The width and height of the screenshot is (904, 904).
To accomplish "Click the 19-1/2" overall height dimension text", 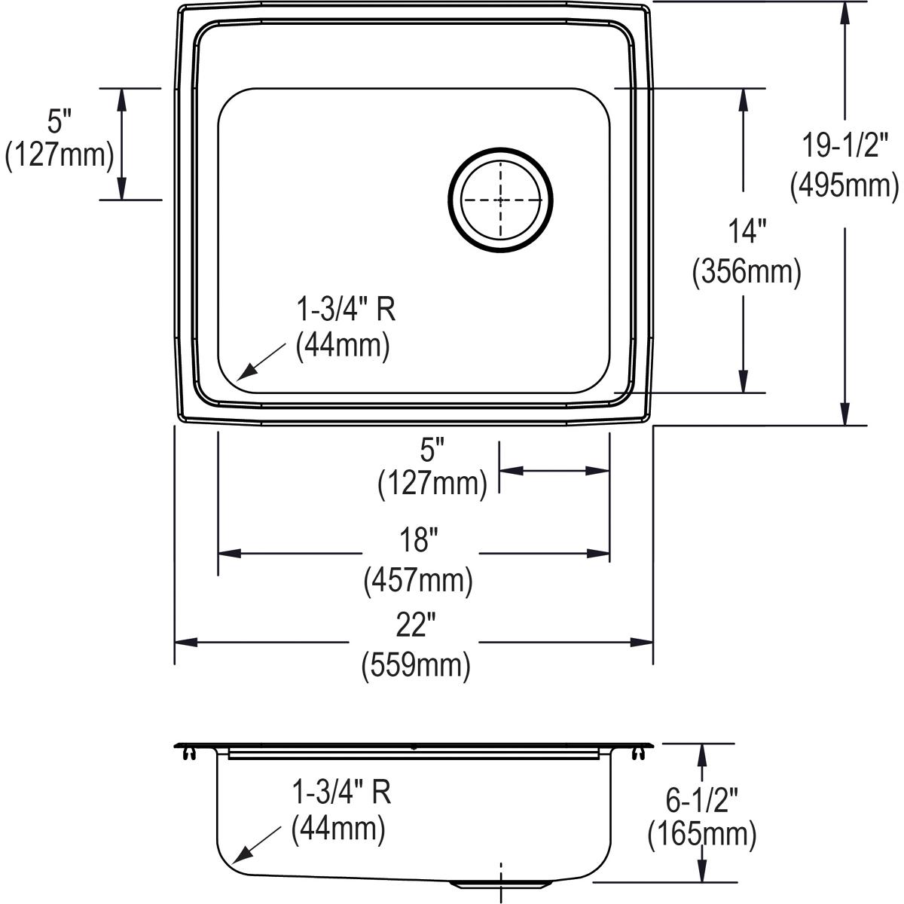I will [844, 145].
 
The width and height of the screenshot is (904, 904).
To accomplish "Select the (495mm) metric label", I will [844, 185].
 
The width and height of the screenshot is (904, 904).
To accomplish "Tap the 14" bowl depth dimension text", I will [746, 231].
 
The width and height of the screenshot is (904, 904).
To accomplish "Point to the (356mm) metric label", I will [746, 271].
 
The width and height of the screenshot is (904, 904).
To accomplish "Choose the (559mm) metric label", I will [416, 666].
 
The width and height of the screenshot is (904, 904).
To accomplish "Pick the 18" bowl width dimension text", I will [418, 540].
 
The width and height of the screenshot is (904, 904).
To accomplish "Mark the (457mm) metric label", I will [418, 580].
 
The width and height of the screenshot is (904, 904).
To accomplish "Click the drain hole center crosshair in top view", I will [501, 200].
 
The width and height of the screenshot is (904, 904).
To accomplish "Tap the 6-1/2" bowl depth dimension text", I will [703, 796].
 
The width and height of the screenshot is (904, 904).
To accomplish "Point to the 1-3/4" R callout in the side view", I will [341, 792].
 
